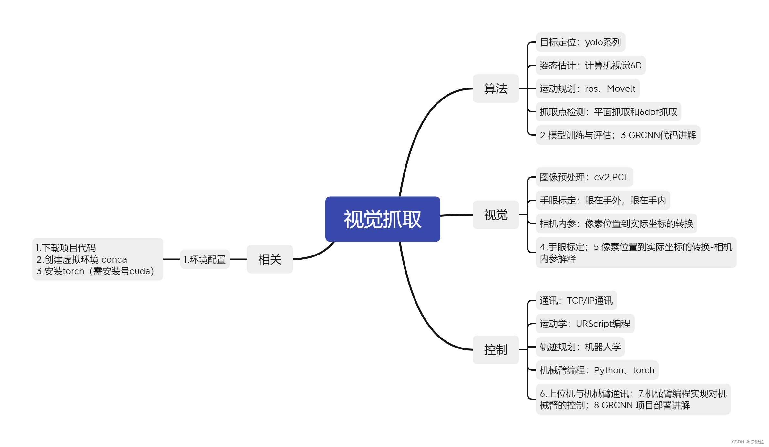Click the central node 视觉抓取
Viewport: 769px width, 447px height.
pos(383,219)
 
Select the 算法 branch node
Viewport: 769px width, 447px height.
pos(496,88)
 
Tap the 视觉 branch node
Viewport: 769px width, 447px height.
pos(496,215)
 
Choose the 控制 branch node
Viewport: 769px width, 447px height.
pos(496,349)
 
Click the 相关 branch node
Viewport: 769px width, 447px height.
pos(270,259)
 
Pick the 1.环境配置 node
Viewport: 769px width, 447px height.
pos(205,259)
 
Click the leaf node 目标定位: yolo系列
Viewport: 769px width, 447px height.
pos(580,42)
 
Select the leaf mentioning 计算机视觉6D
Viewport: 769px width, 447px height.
pos(590,65)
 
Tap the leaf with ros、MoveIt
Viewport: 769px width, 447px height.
pos(587,88)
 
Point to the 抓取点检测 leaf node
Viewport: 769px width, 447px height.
pos(608,112)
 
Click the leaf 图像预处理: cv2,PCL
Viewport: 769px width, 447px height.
pos(584,177)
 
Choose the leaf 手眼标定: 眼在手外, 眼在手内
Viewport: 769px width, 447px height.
pos(602,200)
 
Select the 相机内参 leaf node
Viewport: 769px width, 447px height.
pos(616,224)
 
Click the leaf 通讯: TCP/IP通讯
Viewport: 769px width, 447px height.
pos(576,300)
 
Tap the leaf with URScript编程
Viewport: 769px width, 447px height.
pos(585,324)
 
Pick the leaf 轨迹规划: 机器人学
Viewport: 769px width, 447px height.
pos(580,347)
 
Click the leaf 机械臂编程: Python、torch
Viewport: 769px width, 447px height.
pos(597,370)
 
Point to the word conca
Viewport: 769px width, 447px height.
pos(114,259)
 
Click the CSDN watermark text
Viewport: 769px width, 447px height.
pos(747,442)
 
